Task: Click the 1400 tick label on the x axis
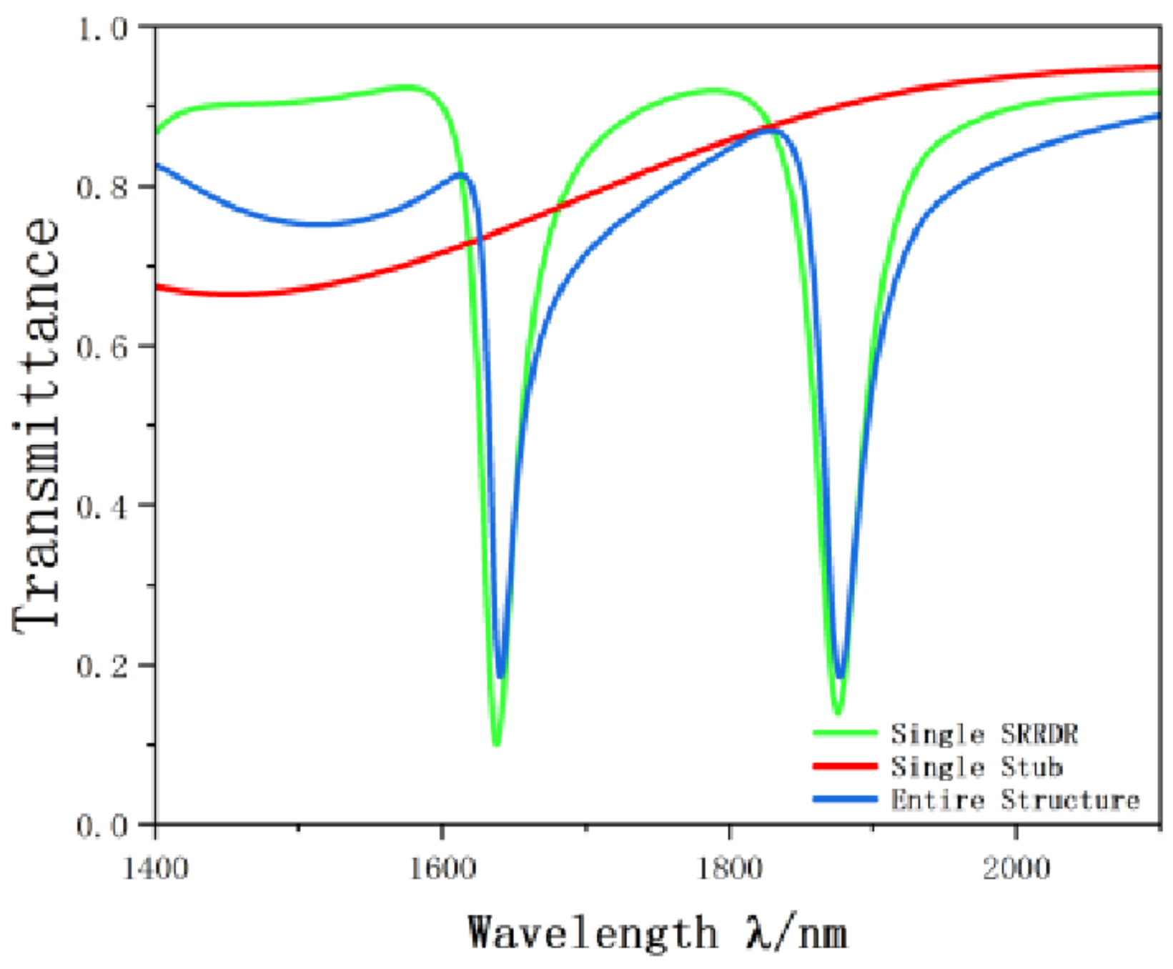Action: coord(155,869)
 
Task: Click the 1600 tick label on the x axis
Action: coord(442,869)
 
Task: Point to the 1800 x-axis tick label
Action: coord(729,869)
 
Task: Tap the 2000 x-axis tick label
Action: coord(1016,869)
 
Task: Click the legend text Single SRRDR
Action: coord(984,734)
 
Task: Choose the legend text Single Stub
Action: coord(976,767)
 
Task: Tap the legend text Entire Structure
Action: coord(1015,800)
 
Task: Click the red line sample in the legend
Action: coord(845,766)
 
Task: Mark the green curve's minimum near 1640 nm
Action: coord(497,744)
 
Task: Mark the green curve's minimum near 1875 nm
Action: coord(838,712)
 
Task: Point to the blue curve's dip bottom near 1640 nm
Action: coord(500,675)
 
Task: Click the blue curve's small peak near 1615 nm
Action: coord(462,174)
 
